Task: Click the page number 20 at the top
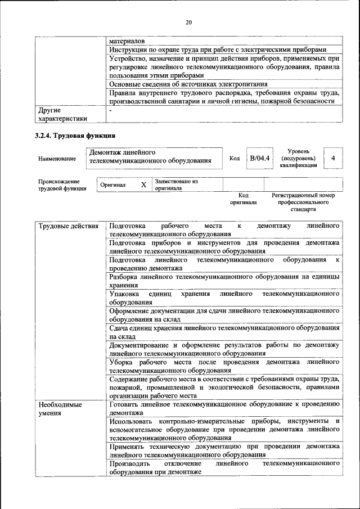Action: click(188, 22)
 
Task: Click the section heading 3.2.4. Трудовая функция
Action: click(75, 136)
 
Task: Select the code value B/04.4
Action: click(260, 159)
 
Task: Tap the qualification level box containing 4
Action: click(333, 159)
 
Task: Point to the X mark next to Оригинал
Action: click(143, 185)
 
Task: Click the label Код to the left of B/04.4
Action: click(235, 159)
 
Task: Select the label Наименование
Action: click(57, 159)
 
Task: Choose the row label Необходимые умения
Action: click(60, 409)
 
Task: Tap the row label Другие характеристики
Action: click(62, 115)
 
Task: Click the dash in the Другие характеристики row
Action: click(111, 111)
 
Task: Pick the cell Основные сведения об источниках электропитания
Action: click(188, 84)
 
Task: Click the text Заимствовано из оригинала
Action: click(177, 185)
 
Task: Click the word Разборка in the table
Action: click(126, 277)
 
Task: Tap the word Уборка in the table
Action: click(122, 362)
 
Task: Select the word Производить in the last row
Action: click(130, 464)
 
